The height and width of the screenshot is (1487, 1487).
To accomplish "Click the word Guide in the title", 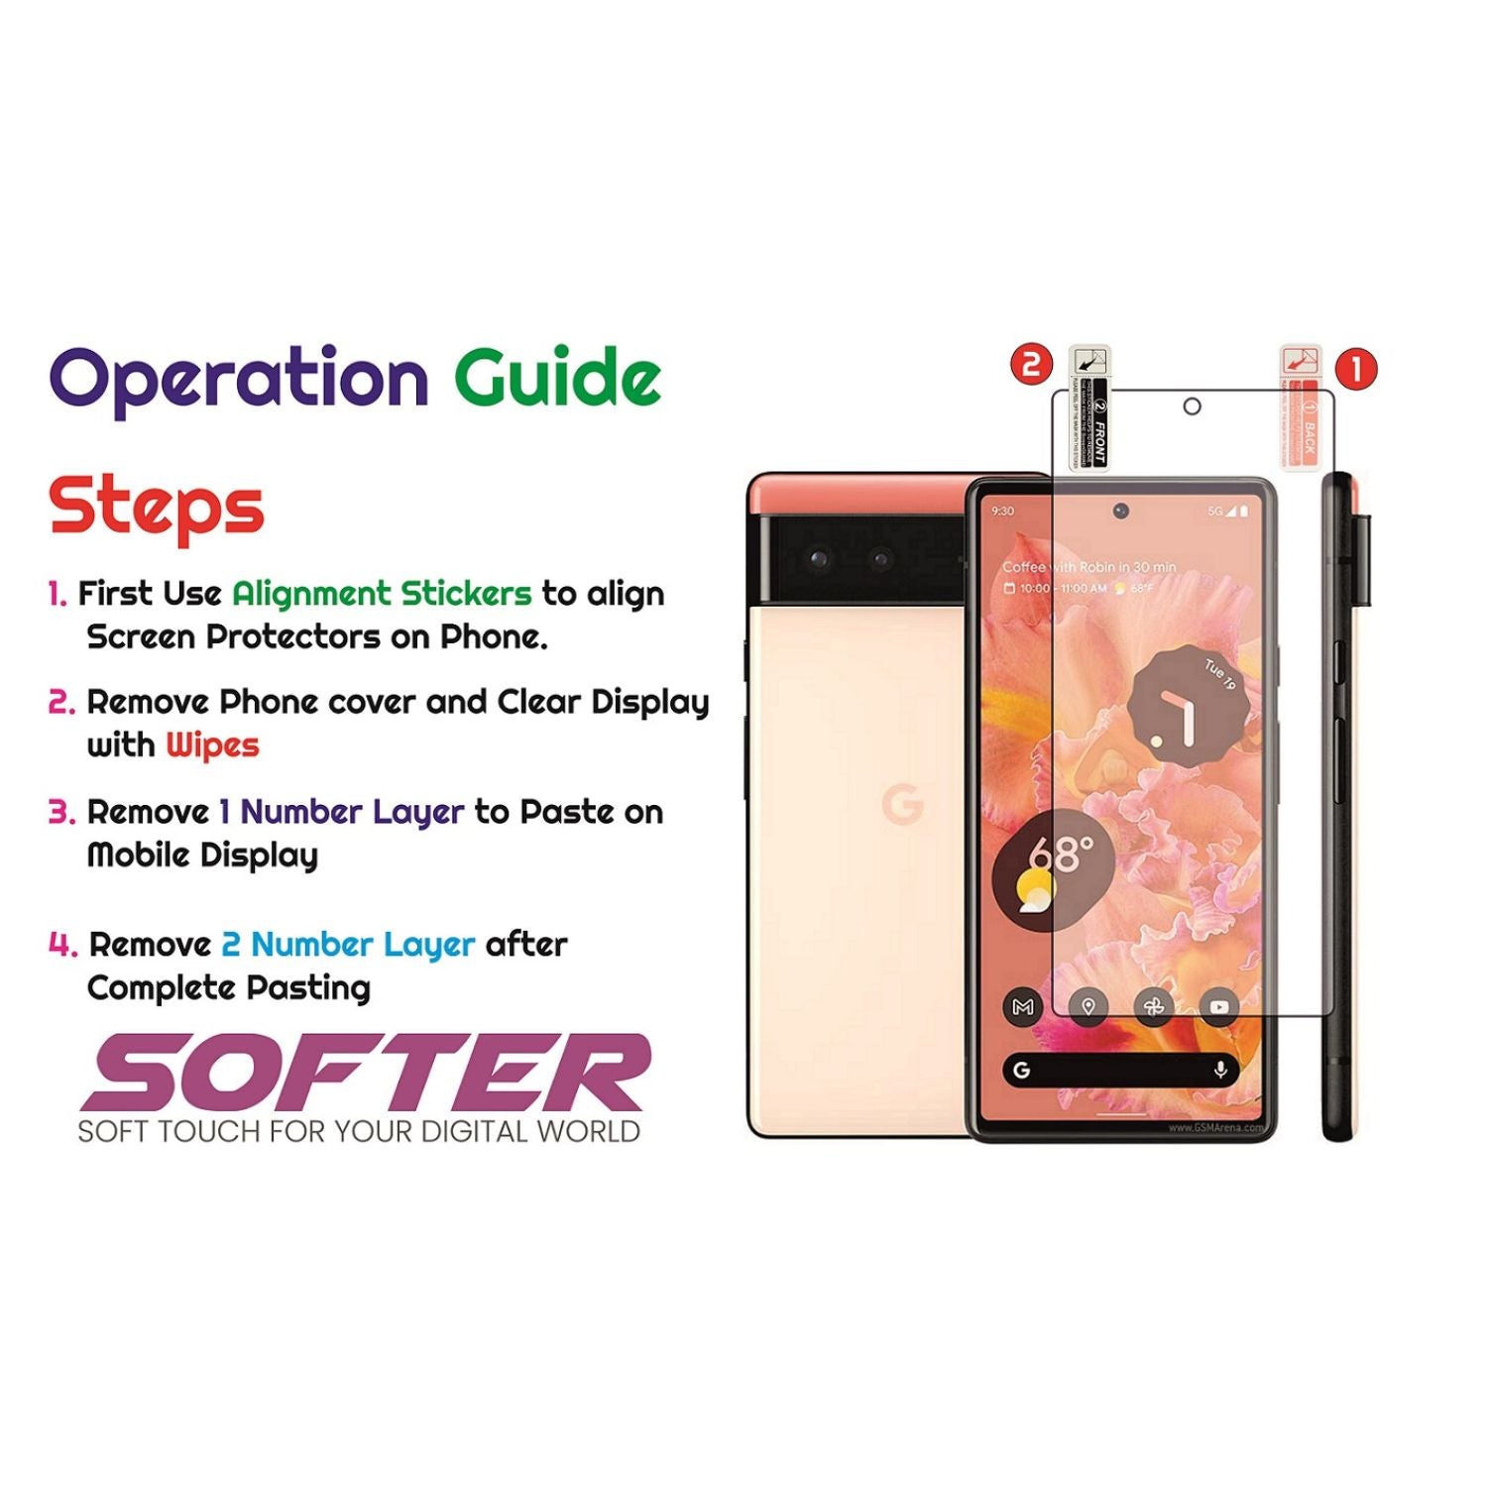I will (557, 378).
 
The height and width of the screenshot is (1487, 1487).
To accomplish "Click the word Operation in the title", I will (239, 380).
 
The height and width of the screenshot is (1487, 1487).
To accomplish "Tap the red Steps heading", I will (157, 507).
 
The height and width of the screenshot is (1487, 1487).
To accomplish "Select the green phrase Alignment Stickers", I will (382, 594).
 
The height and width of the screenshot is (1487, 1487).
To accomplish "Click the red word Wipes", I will (212, 744).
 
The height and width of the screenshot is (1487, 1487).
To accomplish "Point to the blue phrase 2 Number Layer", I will (348, 945).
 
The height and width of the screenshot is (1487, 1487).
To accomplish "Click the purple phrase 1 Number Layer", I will (341, 812).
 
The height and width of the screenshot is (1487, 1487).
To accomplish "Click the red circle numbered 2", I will (1031, 364).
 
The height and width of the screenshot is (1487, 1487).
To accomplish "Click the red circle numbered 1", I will (1356, 369).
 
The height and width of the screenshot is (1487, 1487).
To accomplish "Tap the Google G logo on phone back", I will (902, 804).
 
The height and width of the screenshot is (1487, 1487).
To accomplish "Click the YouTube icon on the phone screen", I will (1218, 1007).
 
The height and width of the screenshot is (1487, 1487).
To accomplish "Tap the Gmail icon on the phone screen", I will (1023, 1007).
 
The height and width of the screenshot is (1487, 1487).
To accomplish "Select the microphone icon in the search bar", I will (1220, 1070).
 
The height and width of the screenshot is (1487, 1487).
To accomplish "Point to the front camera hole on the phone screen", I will (1120, 511).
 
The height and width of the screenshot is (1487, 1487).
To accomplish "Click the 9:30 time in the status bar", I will (1003, 512).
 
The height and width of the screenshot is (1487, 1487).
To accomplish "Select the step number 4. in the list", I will (62, 945).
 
